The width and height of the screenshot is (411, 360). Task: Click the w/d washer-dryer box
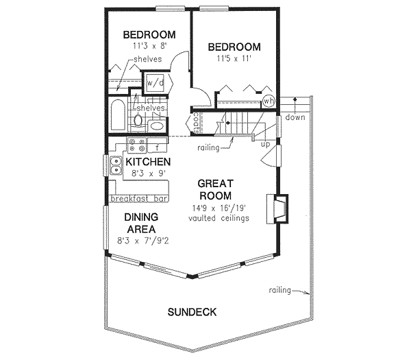click(155, 82)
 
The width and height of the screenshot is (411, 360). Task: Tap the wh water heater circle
click(269, 101)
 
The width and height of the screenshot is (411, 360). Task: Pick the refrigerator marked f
click(157, 146)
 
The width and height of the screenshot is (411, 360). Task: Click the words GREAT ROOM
click(216, 189)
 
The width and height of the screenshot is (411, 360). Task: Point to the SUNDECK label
click(192, 313)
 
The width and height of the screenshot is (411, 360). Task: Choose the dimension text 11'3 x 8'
click(150, 46)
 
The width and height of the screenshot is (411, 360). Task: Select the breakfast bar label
click(139, 199)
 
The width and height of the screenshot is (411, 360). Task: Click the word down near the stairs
click(295, 117)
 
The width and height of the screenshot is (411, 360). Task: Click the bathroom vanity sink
click(156, 127)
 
